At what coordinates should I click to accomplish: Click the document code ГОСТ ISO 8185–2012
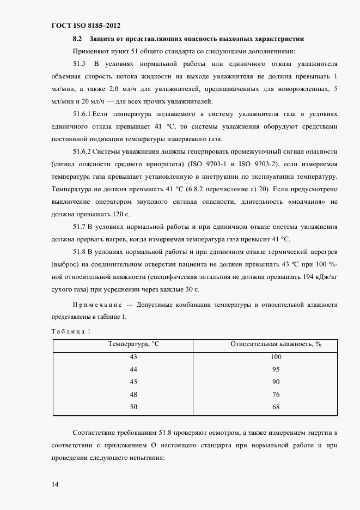click(86, 26)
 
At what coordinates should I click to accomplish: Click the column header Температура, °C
click(133, 344)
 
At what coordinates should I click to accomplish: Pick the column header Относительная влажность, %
click(276, 344)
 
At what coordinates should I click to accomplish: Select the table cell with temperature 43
click(133, 357)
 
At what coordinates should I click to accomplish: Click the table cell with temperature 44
click(133, 369)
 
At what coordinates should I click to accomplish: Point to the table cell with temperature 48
click(133, 394)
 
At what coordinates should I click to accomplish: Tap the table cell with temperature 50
click(133, 407)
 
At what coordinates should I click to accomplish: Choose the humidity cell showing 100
click(276, 357)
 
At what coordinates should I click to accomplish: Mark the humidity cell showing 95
click(276, 369)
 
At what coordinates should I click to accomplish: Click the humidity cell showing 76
click(276, 394)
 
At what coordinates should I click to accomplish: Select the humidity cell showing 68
click(276, 407)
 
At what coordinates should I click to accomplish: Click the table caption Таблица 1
click(70, 331)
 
